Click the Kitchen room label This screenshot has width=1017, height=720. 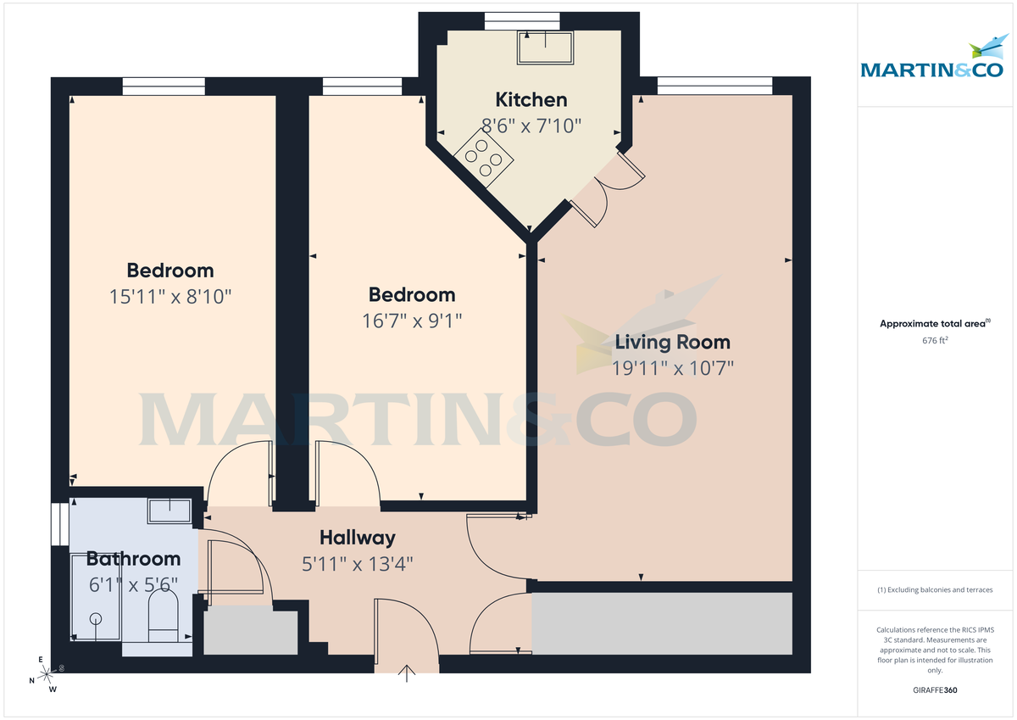tap(531, 99)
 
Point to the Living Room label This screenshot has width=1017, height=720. tap(672, 343)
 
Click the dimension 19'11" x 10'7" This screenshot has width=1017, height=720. tap(672, 368)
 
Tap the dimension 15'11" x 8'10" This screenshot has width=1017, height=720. tap(170, 297)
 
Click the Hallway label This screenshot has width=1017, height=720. tap(358, 538)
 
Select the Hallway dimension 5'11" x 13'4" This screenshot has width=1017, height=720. tap(358, 562)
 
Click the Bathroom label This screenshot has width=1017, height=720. tap(133, 559)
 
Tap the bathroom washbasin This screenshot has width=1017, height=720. tap(169, 511)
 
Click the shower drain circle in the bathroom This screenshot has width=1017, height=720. tap(95, 618)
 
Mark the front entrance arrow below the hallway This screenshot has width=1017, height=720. tap(408, 674)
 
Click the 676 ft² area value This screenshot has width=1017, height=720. tap(935, 340)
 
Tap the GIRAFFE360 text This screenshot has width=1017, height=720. tap(935, 690)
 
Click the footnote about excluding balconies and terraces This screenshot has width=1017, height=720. tap(935, 589)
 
